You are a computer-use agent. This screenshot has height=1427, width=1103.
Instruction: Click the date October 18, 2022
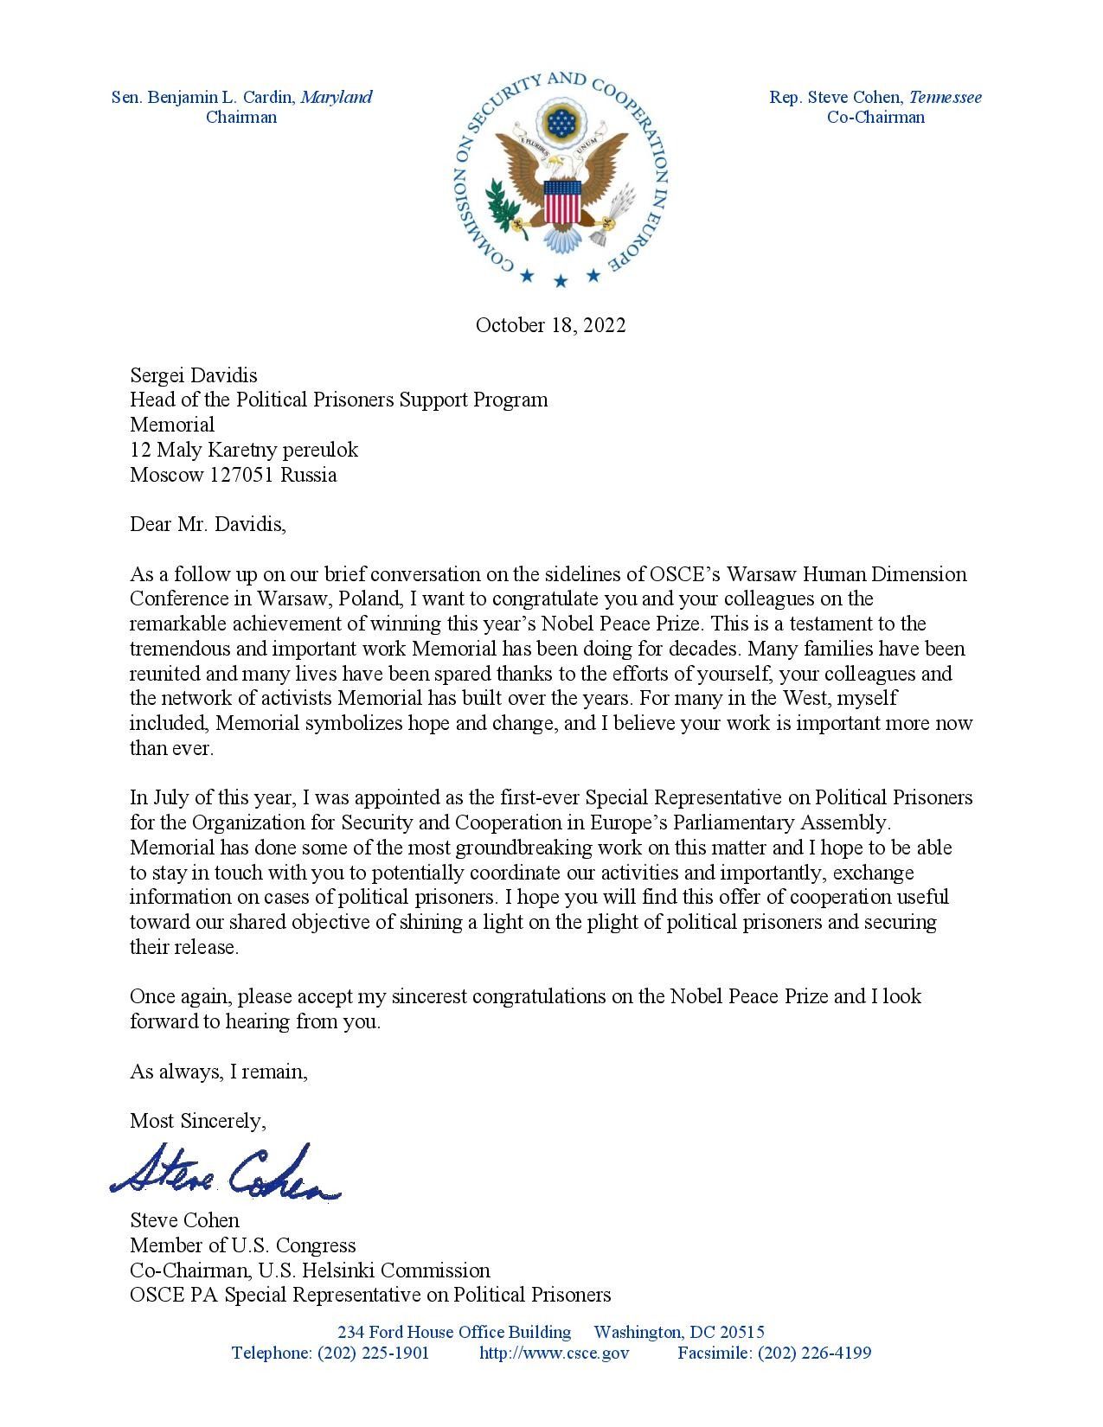point(550,325)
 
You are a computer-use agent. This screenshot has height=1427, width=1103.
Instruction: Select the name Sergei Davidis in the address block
point(194,375)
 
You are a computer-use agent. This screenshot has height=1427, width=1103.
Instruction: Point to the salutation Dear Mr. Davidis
point(208,524)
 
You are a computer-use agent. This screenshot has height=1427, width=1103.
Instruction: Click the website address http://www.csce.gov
point(554,1353)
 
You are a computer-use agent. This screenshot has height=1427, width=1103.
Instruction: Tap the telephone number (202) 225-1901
point(374,1353)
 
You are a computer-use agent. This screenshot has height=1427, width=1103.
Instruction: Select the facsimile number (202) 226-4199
point(814,1353)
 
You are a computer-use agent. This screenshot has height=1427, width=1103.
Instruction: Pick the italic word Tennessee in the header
point(945,97)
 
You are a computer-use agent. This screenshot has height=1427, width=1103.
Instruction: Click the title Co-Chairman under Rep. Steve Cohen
point(875,118)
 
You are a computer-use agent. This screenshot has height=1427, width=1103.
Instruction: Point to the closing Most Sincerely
point(198,1121)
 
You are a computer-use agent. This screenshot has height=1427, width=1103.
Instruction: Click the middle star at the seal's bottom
point(561,280)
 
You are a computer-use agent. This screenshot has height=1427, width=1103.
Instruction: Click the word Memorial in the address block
point(172,425)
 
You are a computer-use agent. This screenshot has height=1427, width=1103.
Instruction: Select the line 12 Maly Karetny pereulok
point(244,450)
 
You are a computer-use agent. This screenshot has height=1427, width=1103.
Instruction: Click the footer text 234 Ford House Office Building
point(454,1333)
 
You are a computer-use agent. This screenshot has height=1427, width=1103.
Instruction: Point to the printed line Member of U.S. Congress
point(243,1245)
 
